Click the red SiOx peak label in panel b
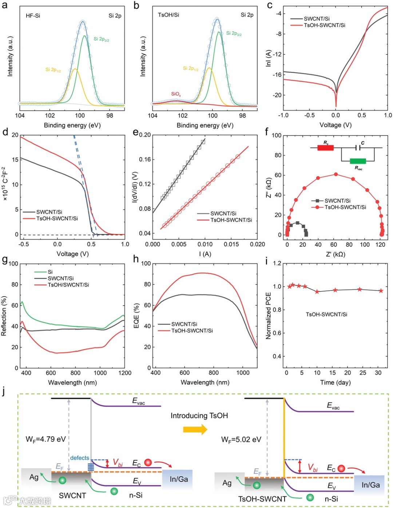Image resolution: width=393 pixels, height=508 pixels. click(176, 94)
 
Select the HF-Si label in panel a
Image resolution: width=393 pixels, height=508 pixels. click(33, 16)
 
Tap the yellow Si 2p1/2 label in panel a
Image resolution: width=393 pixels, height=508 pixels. click(53, 69)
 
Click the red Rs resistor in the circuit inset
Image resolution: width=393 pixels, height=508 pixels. click(325, 148)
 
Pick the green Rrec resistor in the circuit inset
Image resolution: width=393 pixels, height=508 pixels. click(358, 161)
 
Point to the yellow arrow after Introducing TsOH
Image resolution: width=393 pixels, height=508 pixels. click(195, 430)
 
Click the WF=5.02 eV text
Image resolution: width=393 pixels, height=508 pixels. click(241, 440)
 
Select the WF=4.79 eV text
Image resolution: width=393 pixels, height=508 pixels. click(45, 439)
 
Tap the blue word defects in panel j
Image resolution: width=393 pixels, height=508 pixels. click(79, 458)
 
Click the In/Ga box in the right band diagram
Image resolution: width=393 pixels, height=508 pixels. click(370, 485)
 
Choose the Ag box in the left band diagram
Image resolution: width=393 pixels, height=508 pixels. click(34, 477)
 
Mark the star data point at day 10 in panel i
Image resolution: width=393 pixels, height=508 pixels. click(317, 292)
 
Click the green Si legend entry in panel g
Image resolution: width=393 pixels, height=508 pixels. click(50, 272)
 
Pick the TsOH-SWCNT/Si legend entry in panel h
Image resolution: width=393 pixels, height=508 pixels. click(192, 331)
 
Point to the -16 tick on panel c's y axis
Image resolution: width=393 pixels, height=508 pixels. click(278, 75)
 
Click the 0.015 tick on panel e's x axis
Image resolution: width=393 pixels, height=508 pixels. click(231, 244)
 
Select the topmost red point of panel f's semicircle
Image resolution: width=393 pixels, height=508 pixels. click(336, 174)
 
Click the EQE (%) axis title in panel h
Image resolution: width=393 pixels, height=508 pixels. click(136, 316)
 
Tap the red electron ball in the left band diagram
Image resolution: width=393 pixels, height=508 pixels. click(148, 462)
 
